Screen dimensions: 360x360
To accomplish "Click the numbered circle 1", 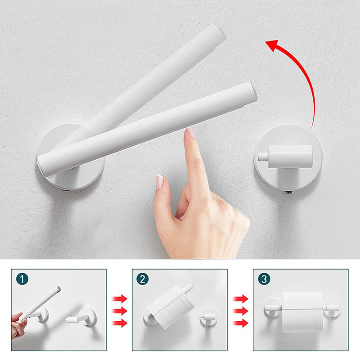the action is tap(22, 279).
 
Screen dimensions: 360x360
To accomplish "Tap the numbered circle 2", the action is tap(143, 279).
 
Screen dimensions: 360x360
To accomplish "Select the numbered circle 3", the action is tap(264, 279).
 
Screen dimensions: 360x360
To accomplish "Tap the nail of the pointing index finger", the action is tap(190, 133).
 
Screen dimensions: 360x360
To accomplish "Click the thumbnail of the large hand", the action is tap(160, 182).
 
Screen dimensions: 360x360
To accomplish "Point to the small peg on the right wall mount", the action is tap(263, 157).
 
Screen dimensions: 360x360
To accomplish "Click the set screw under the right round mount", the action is tap(289, 193).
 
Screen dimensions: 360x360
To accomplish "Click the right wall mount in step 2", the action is tap(208, 318).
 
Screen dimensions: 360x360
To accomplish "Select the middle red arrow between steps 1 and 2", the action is tap(119, 311).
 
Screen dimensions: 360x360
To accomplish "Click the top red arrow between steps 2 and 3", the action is tap(240, 299).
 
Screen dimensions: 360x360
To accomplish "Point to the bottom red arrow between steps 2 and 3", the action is tap(240, 323).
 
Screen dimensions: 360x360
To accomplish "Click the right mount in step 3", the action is tap(332, 309).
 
